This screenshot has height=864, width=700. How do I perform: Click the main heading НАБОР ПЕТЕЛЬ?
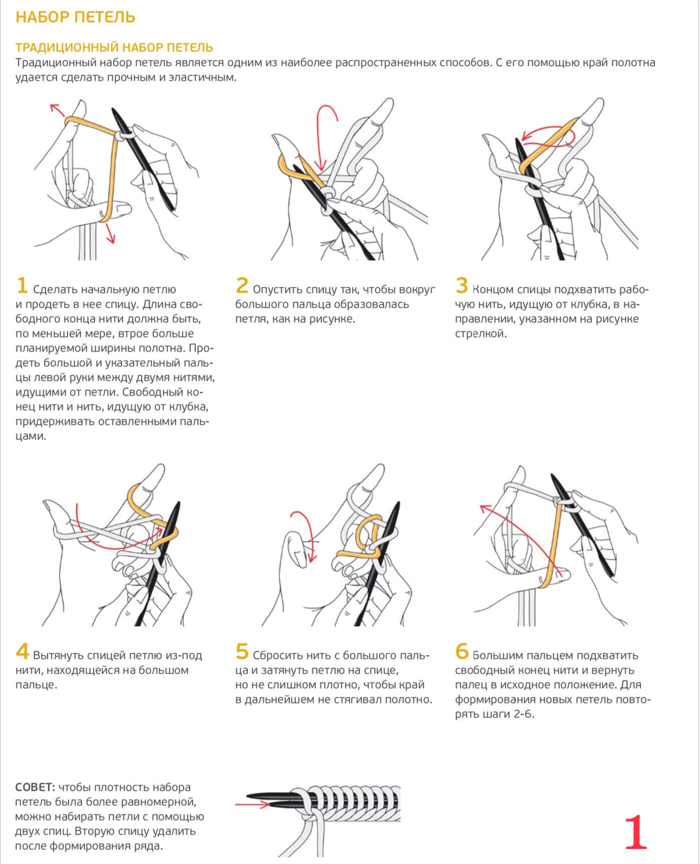click(x=75, y=17)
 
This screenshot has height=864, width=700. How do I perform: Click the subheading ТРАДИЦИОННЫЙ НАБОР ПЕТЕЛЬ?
click(x=114, y=48)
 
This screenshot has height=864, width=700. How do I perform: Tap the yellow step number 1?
click(x=22, y=286)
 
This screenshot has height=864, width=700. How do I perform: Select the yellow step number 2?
click(x=242, y=286)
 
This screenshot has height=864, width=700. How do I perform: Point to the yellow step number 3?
click(x=461, y=286)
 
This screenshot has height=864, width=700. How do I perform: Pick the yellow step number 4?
click(x=22, y=652)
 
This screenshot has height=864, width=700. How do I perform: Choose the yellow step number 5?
click(x=242, y=652)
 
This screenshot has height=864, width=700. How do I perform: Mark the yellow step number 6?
click(x=462, y=652)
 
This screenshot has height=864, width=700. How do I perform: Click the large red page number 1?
click(x=636, y=832)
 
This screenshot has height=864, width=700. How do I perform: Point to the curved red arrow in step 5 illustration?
click(x=304, y=536)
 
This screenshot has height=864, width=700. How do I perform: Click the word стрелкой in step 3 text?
click(x=481, y=334)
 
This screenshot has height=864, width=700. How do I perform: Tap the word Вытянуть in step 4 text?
click(x=58, y=655)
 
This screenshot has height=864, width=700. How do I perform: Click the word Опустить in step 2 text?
click(x=277, y=289)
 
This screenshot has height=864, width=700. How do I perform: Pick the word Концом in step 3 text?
click(x=493, y=289)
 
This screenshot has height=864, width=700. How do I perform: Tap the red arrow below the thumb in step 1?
click(x=110, y=233)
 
